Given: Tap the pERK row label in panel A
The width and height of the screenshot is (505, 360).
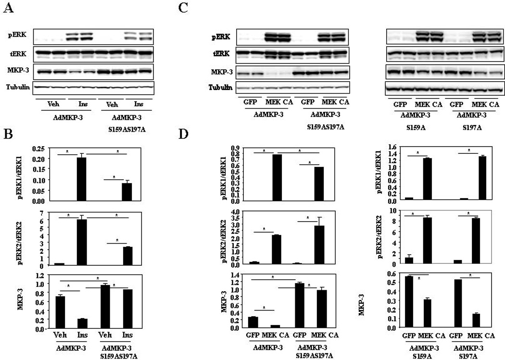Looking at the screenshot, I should click(15, 36).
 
